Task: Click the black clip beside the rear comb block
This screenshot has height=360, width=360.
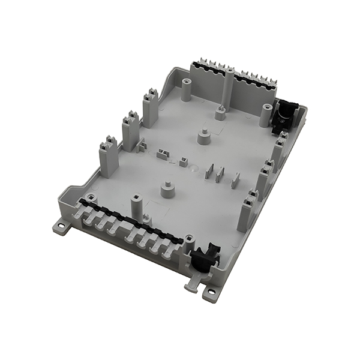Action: click(x=283, y=114)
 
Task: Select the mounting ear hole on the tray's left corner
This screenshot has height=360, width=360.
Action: click(x=61, y=227)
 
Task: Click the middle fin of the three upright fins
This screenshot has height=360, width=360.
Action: click(x=220, y=174)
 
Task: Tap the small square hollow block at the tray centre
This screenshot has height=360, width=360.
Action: click(x=182, y=161)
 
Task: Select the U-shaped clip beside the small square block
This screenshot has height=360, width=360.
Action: click(x=163, y=155)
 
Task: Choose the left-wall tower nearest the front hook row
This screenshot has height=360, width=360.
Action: click(x=108, y=157)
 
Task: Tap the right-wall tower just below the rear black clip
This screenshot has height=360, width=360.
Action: click(x=278, y=150)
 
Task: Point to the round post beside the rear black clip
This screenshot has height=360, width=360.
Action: click(x=265, y=115)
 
